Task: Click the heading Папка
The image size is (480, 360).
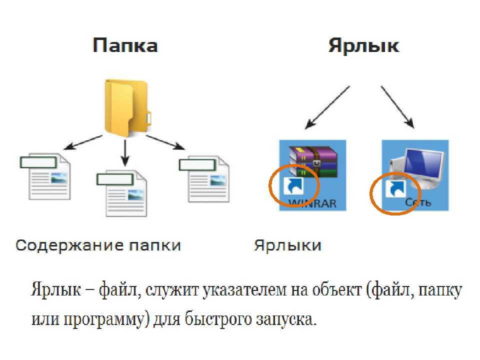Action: click(125, 46)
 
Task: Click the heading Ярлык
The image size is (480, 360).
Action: click(363, 46)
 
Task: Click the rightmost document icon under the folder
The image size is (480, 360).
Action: click(205, 178)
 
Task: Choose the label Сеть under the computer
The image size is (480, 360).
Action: click(418, 203)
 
